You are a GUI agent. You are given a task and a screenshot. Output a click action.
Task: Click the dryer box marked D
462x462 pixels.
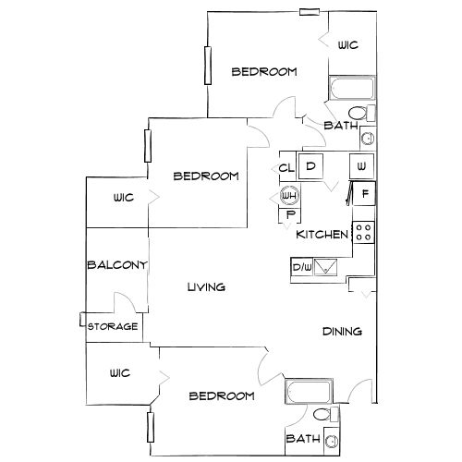click(x=310, y=166)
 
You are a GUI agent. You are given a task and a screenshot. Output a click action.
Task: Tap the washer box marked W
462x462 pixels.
click(x=361, y=166)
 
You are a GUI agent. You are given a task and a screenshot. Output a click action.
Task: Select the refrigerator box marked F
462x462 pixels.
click(x=364, y=194)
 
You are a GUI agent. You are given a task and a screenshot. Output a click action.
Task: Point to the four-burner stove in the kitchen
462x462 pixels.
click(x=363, y=232)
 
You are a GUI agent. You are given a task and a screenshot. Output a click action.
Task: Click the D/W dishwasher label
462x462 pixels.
click(x=302, y=267)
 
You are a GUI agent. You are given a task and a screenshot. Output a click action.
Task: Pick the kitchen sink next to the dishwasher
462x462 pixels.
click(x=325, y=267)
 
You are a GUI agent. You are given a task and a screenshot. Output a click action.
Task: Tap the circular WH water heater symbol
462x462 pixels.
click(x=289, y=196)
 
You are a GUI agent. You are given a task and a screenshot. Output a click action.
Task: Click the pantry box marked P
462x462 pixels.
click(x=290, y=215)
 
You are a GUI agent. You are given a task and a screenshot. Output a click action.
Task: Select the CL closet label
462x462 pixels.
click(x=286, y=168)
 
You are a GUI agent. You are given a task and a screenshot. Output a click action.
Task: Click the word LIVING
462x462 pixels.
click(x=206, y=287)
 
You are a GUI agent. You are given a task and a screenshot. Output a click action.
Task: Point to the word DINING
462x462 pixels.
click(x=342, y=332)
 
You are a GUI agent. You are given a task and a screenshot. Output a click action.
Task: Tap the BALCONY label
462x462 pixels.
click(x=116, y=265)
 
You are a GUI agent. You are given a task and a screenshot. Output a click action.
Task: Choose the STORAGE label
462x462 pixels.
click(x=113, y=326)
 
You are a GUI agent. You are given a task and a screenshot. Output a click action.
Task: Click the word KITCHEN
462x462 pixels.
click(x=322, y=235)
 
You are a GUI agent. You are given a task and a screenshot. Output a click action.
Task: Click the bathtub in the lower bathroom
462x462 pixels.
click(x=309, y=391)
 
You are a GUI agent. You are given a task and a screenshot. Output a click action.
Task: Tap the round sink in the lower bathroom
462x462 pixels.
click(x=332, y=441)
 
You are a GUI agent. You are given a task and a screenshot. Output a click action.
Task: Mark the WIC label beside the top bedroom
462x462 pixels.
click(x=348, y=45)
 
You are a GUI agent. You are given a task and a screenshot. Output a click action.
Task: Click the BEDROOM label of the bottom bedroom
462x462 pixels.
click(x=222, y=395)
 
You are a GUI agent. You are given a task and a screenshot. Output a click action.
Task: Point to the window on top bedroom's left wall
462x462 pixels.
click(x=208, y=66)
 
